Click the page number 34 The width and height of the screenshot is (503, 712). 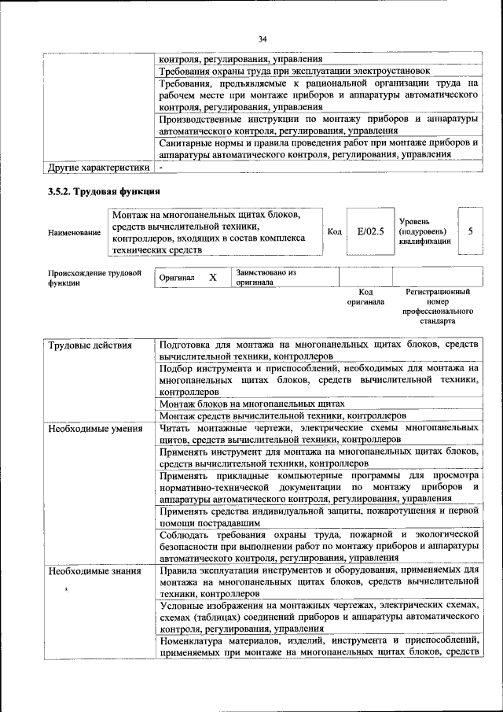263,39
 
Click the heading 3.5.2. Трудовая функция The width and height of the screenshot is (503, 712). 104,192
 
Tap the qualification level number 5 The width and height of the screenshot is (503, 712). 470,232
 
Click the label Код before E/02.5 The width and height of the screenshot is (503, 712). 334,232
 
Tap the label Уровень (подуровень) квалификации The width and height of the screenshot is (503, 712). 424,232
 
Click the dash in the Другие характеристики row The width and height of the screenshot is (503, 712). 160,168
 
